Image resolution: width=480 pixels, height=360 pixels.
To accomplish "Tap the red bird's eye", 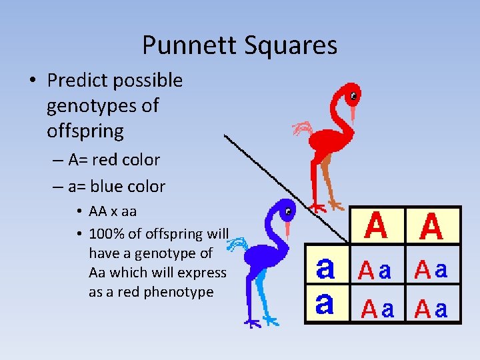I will coord(353,95).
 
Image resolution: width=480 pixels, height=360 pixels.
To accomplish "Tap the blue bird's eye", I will coord(288,213).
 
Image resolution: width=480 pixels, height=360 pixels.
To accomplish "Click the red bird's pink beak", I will coord(353,111).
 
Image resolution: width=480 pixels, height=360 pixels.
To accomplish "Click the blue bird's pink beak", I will coord(287,229).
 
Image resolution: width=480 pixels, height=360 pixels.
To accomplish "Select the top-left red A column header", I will coord(377,226).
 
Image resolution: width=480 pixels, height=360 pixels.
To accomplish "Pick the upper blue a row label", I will coord(325,269).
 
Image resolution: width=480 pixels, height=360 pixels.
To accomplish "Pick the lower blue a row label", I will coord(324,304).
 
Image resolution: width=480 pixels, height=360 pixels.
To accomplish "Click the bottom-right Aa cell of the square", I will coord(431,308).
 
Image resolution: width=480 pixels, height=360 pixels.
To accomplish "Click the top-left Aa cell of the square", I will coord(376,271).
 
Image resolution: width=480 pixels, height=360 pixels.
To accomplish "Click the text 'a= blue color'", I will coord(116,187).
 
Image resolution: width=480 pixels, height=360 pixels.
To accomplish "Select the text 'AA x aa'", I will coord(113,211).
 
